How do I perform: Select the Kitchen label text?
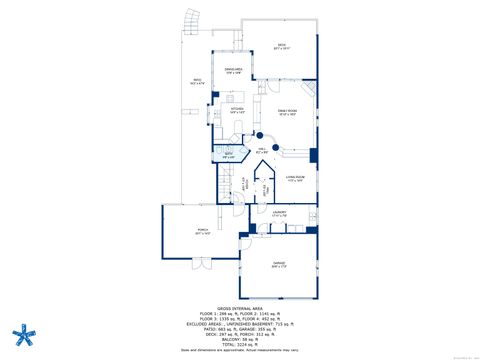tap(236, 112)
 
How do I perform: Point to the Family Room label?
tap(288, 113)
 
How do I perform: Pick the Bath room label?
tap(228, 154)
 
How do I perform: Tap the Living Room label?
tap(294, 178)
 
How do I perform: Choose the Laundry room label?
tap(279, 213)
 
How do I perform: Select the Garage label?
tap(278, 264)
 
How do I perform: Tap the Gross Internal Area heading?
tap(240, 309)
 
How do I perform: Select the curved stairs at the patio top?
tap(191, 19)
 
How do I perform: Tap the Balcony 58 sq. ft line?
tap(240, 338)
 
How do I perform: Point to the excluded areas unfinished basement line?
tap(240, 324)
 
